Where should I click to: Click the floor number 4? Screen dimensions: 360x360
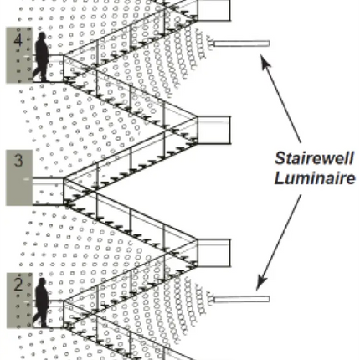(x=18, y=40)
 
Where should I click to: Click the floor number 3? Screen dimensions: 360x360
(x=18, y=161)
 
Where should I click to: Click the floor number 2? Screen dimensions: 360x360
(x=18, y=285)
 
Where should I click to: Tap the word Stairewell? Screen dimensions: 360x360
(x=315, y=158)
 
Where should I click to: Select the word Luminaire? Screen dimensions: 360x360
(x=315, y=178)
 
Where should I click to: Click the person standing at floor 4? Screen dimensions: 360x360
(x=41, y=57)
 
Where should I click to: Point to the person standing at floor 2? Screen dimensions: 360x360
(x=41, y=302)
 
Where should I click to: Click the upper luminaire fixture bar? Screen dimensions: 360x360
(x=242, y=44)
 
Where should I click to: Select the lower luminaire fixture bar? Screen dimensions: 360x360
(x=242, y=299)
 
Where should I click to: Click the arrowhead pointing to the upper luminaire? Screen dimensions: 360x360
(x=265, y=61)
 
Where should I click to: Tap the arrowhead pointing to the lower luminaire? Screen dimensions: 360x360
(x=262, y=282)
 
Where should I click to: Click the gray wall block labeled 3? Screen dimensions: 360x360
(x=19, y=177)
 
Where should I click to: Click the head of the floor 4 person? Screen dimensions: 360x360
(x=42, y=36)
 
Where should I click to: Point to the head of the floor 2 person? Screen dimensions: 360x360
(x=42, y=282)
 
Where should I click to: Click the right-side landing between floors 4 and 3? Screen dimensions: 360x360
(x=214, y=130)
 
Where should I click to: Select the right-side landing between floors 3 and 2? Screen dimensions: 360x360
(x=214, y=253)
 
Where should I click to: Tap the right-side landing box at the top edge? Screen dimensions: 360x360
(x=214, y=10)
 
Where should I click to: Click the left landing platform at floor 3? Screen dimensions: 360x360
(x=48, y=191)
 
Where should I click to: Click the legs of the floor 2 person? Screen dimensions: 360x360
(x=40, y=317)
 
